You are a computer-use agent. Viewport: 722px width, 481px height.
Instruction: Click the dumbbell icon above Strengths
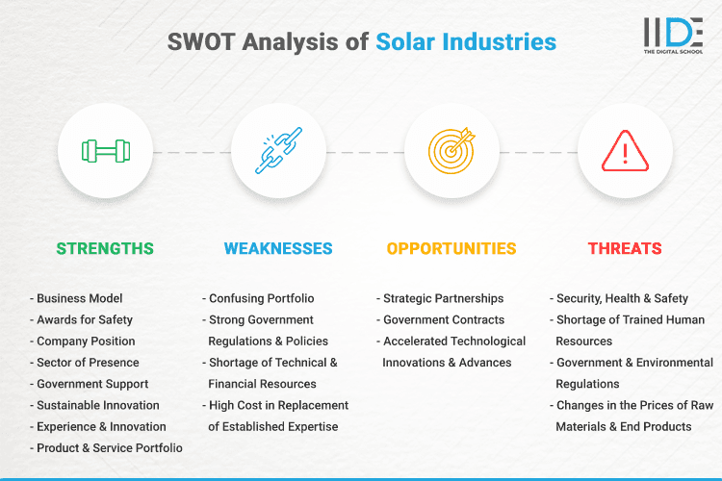click(105, 152)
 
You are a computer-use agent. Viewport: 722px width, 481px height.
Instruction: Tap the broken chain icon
click(278, 152)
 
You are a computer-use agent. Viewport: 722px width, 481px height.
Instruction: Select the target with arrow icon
click(451, 152)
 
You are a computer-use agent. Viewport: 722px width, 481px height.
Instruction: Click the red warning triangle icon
click(625, 152)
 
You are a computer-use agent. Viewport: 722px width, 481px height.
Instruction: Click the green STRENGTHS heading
click(105, 248)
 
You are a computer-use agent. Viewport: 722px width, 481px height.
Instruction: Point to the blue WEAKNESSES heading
click(278, 248)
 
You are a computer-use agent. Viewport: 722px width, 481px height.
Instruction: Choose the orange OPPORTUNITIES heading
click(451, 248)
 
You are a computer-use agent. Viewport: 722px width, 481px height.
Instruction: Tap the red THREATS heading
click(625, 248)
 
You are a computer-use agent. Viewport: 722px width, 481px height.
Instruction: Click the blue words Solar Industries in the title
click(466, 41)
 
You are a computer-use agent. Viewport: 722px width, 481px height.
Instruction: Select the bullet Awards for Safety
click(85, 319)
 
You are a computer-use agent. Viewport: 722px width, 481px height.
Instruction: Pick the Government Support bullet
click(91, 384)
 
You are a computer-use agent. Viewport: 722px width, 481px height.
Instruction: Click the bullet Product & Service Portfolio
click(109, 448)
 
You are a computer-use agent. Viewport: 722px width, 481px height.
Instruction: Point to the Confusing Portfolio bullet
click(261, 298)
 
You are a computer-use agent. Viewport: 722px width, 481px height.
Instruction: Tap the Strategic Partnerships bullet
click(443, 298)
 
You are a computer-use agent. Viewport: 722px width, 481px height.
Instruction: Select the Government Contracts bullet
click(443, 319)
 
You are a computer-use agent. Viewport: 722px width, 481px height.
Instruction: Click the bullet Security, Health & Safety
click(622, 298)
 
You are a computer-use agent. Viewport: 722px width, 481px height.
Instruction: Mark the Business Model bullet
click(80, 298)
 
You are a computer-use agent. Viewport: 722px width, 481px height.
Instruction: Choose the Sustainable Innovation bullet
click(97, 405)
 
